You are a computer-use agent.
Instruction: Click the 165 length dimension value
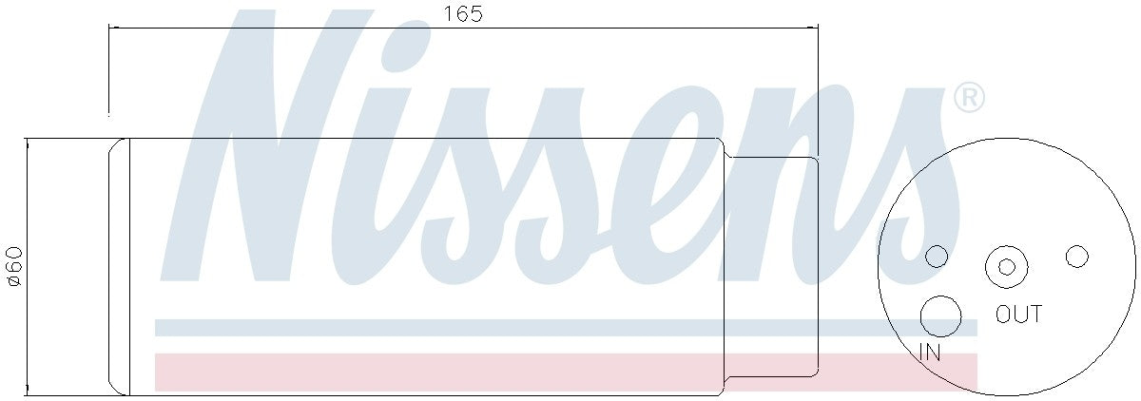click(x=462, y=13)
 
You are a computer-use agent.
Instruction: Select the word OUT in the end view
click(x=1018, y=314)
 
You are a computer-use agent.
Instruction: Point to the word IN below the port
click(x=931, y=353)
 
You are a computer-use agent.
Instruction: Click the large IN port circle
click(x=940, y=316)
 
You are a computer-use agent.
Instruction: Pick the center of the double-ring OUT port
click(x=1006, y=267)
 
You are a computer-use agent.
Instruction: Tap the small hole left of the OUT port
click(x=937, y=256)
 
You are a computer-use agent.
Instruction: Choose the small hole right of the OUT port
click(x=1076, y=256)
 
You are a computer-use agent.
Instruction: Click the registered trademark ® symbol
click(x=969, y=98)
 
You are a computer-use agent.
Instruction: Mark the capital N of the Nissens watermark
click(x=296, y=147)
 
